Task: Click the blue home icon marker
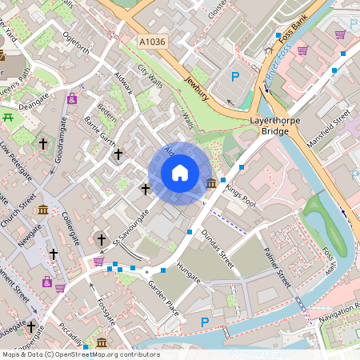pyautogui.click(x=180, y=173)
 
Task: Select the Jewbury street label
pyautogui.click(x=196, y=89)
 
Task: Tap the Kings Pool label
pyautogui.click(x=240, y=194)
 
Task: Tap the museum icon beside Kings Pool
pyautogui.click(x=211, y=184)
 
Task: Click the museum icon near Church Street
pyautogui.click(x=42, y=210)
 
